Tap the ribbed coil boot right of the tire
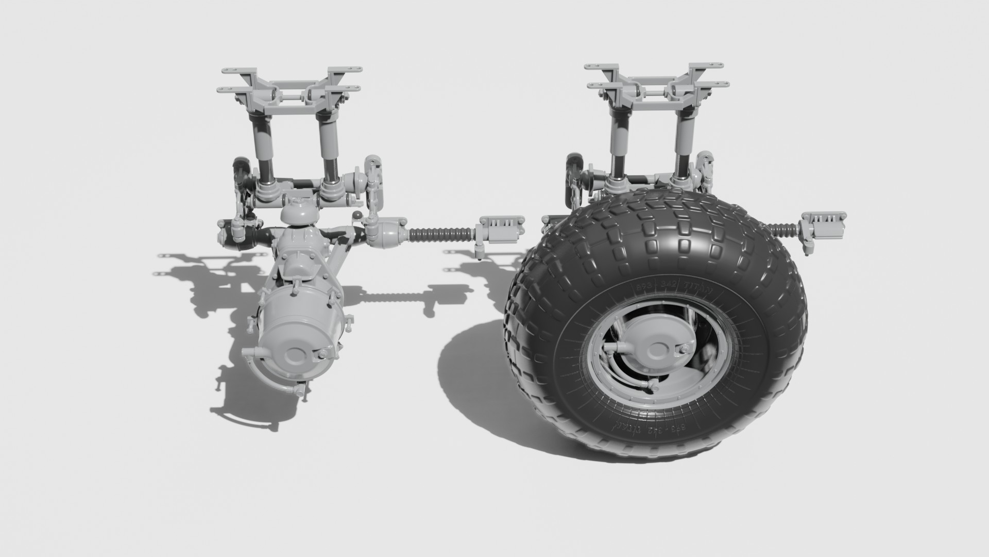784,227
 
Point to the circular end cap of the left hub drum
295,354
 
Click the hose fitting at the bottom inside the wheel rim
654,386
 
